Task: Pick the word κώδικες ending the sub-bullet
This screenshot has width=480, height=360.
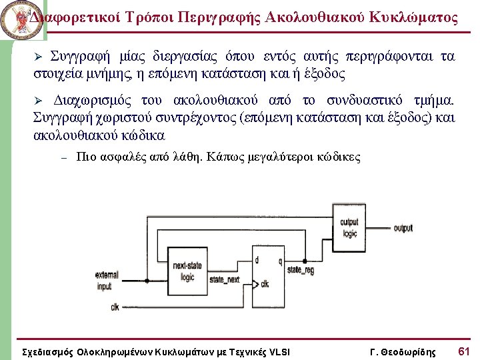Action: pos(339,158)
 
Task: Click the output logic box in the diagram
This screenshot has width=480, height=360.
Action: pos(349,228)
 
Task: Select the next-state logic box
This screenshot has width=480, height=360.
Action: pos(187,271)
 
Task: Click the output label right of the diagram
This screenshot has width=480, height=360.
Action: pos(403,228)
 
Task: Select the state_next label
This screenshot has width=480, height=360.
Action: pos(225,280)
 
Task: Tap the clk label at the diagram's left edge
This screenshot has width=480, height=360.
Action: pos(115,307)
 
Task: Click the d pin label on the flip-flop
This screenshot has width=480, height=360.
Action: pos(257,260)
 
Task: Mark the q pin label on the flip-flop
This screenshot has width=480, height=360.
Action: pos(280,260)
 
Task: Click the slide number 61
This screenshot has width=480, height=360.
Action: pos(464,351)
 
